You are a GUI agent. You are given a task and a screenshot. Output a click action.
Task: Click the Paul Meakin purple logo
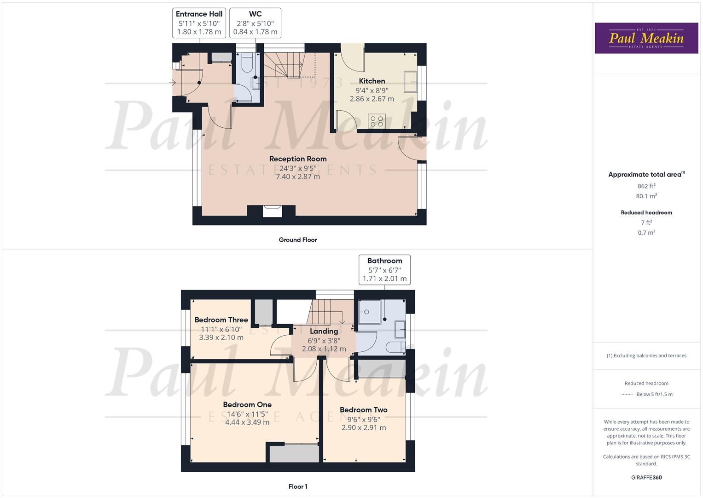tap(646, 38)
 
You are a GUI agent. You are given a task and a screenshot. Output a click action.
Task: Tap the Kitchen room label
tap(372, 81)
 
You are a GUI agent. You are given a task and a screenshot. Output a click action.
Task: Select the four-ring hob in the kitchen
tap(377, 121)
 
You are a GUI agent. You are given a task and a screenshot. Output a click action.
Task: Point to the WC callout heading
tap(255, 14)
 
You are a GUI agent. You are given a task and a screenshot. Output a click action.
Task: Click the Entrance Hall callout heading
tap(199, 14)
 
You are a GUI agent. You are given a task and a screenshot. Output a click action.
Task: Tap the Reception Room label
tap(298, 159)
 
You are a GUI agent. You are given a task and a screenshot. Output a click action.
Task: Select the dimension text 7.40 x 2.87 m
tap(298, 177)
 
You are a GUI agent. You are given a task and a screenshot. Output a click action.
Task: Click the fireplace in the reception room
tap(272, 211)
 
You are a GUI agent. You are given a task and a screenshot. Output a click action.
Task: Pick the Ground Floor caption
tap(298, 240)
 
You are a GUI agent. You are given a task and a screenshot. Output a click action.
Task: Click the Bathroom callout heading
tap(384, 261)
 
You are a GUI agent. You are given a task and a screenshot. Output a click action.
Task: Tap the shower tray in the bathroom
tap(368, 312)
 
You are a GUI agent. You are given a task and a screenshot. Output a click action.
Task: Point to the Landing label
tap(324, 332)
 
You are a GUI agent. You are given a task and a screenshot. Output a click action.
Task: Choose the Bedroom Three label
tap(221, 320)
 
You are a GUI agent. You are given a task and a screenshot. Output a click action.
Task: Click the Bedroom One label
tap(247, 405)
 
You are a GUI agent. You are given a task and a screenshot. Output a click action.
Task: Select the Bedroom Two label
tap(363, 410)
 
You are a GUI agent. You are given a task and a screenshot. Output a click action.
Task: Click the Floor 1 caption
tap(298, 486)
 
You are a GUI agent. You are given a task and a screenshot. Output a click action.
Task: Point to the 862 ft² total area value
tap(646, 186)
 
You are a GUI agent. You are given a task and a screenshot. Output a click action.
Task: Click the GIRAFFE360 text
tap(646, 477)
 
